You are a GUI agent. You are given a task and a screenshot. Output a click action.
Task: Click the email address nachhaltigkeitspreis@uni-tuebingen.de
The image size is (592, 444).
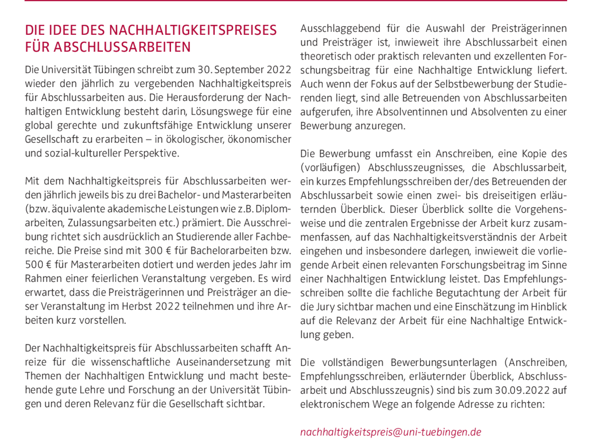coord(391,432)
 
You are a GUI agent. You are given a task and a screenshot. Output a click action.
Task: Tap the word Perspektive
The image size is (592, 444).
coord(151,153)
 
